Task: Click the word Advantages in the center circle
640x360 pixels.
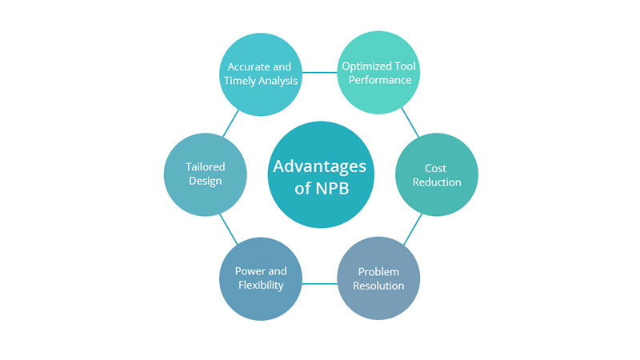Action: click(x=320, y=166)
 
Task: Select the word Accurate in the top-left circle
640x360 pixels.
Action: click(x=245, y=66)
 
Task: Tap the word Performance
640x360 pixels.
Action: click(x=378, y=81)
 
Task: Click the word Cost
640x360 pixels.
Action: click(x=437, y=168)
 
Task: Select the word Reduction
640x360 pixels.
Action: click(x=437, y=182)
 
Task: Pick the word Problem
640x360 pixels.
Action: click(x=378, y=271)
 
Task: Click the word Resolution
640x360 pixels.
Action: click(x=378, y=286)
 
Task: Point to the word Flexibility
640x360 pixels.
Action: click(x=260, y=286)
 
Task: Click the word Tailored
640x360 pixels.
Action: click(x=205, y=167)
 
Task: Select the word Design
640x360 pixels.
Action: click(x=205, y=182)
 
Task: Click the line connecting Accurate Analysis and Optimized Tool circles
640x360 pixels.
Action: click(x=318, y=70)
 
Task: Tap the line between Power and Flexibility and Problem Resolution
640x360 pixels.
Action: click(x=318, y=282)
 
